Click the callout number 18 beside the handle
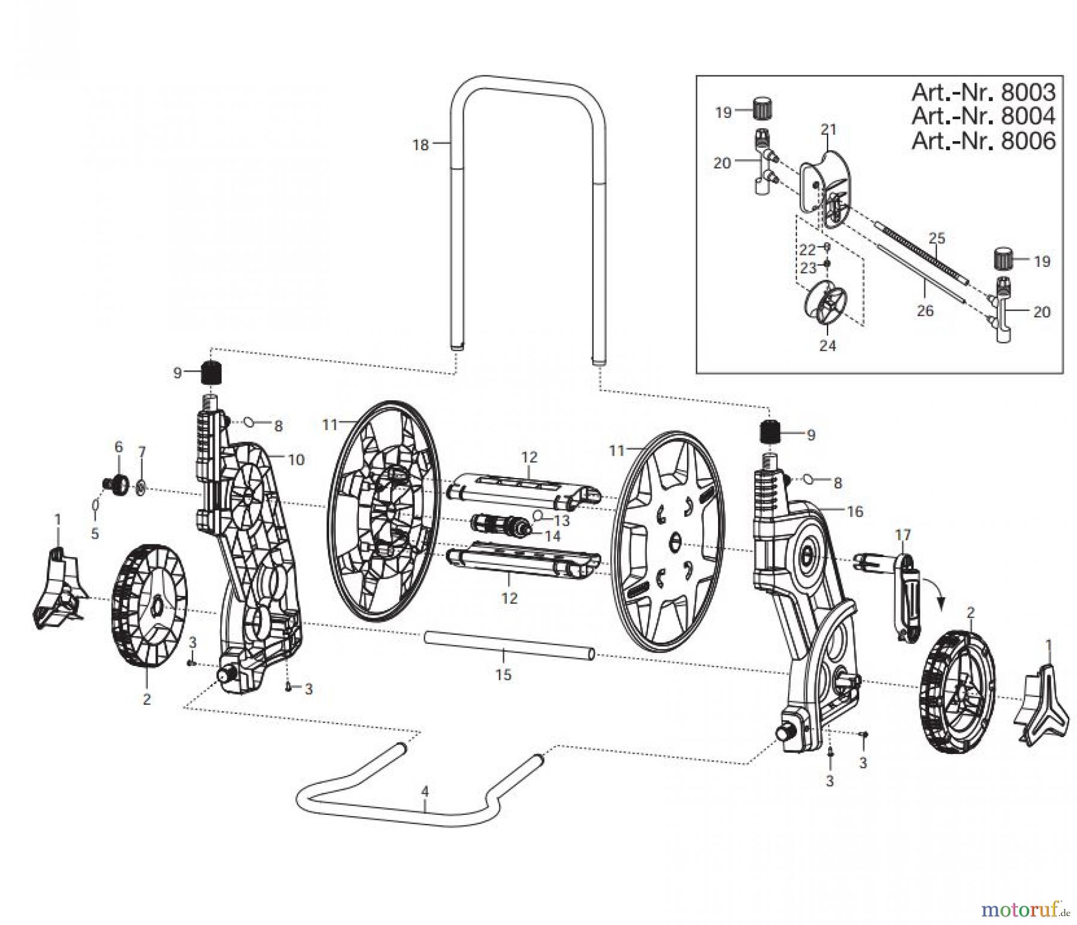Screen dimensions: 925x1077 coord(421,144)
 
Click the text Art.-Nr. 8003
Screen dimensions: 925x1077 coord(983,92)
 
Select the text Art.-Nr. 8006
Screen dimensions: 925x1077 coord(983,141)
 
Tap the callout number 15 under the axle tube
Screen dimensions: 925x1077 coord(504,674)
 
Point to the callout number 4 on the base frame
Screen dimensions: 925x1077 coord(425,792)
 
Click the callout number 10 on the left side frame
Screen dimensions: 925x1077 coord(296,460)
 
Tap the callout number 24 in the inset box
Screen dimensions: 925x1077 coord(827,345)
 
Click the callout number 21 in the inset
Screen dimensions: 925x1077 coord(828,129)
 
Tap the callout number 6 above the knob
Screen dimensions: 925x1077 coord(118,446)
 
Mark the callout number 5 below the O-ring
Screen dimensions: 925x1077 coord(95,533)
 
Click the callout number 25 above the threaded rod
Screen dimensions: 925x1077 coord(936,238)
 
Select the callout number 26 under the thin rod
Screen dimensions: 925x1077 coord(925,311)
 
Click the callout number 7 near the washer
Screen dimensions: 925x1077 coord(142,452)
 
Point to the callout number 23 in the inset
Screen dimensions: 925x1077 coord(808,269)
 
